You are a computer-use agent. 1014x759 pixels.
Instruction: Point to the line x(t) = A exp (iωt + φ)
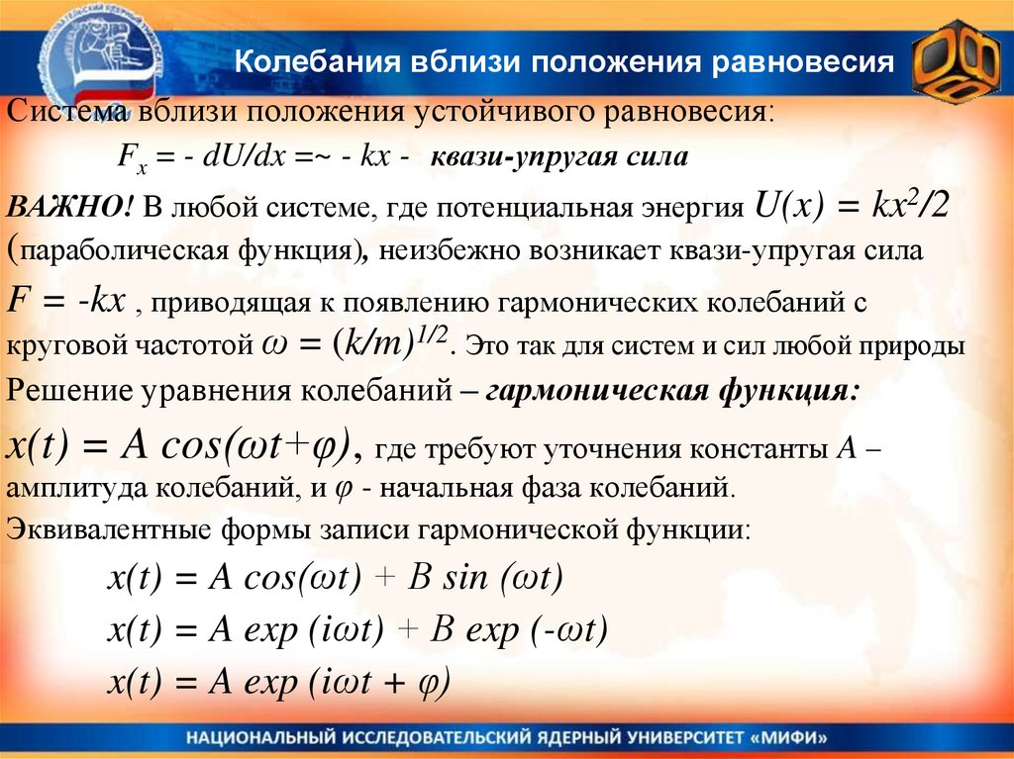point(278,682)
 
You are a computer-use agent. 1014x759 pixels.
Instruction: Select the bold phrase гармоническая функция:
point(672,390)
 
